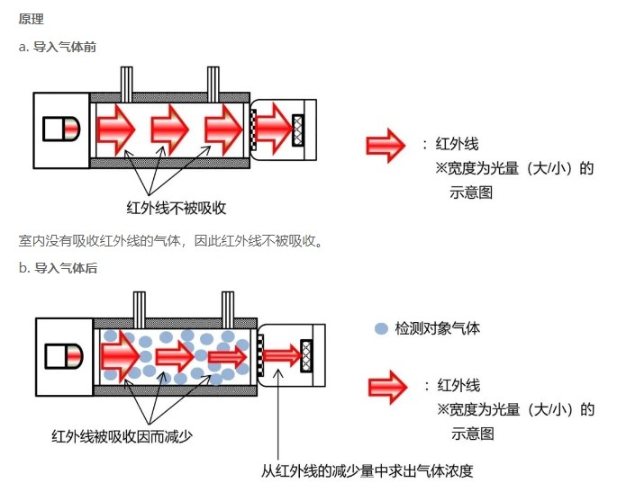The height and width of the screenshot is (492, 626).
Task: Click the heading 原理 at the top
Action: click(31, 19)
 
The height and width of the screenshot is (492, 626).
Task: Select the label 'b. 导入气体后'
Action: click(58, 269)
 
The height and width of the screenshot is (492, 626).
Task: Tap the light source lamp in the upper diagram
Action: click(61, 130)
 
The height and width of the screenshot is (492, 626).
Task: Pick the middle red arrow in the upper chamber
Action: click(168, 130)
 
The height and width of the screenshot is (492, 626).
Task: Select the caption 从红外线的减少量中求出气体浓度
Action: click(367, 470)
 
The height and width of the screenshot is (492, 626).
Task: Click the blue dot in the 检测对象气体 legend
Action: click(381, 329)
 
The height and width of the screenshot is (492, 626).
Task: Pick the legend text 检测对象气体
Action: click(437, 329)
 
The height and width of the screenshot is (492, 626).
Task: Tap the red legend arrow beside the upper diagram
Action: click(385, 146)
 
